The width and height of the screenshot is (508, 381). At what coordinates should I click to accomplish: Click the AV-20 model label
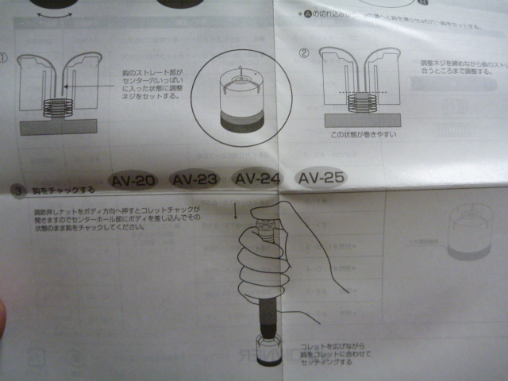133,180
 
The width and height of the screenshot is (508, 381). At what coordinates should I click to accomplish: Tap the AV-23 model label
195,179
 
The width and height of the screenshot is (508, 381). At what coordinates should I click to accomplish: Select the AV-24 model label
257,179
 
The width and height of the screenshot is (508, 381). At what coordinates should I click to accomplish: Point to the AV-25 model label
321,178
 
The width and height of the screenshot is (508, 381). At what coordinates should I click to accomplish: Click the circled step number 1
5,58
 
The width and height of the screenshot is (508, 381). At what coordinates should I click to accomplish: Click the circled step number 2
304,54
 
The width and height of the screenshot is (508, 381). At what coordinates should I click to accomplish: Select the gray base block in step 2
362,117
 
